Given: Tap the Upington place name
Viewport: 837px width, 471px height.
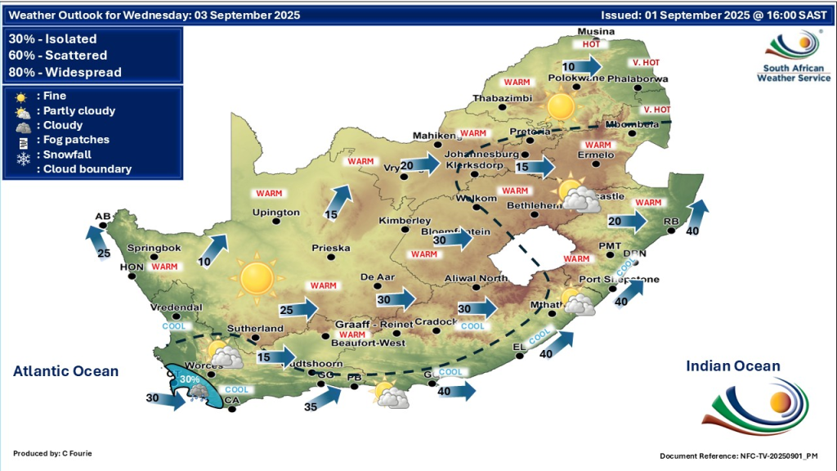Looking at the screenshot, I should pos(276,213).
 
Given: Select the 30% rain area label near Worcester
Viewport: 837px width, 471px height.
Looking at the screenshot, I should pos(189,379).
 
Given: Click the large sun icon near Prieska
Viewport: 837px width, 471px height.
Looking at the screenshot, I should pos(257,278).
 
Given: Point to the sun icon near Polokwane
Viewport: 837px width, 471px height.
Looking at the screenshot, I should pos(561,105).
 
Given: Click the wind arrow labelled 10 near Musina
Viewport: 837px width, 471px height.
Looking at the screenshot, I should pos(581,65).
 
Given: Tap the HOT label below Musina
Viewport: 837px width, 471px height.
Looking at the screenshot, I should pos(591,44).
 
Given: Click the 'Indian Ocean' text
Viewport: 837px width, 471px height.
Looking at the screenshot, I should pos(733,366).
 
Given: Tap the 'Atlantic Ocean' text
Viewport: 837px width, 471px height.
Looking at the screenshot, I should pos(65,371).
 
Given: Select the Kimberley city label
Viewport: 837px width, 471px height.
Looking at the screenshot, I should pos(405,221).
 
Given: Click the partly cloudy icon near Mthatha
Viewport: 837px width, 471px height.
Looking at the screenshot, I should pos(577,303).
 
